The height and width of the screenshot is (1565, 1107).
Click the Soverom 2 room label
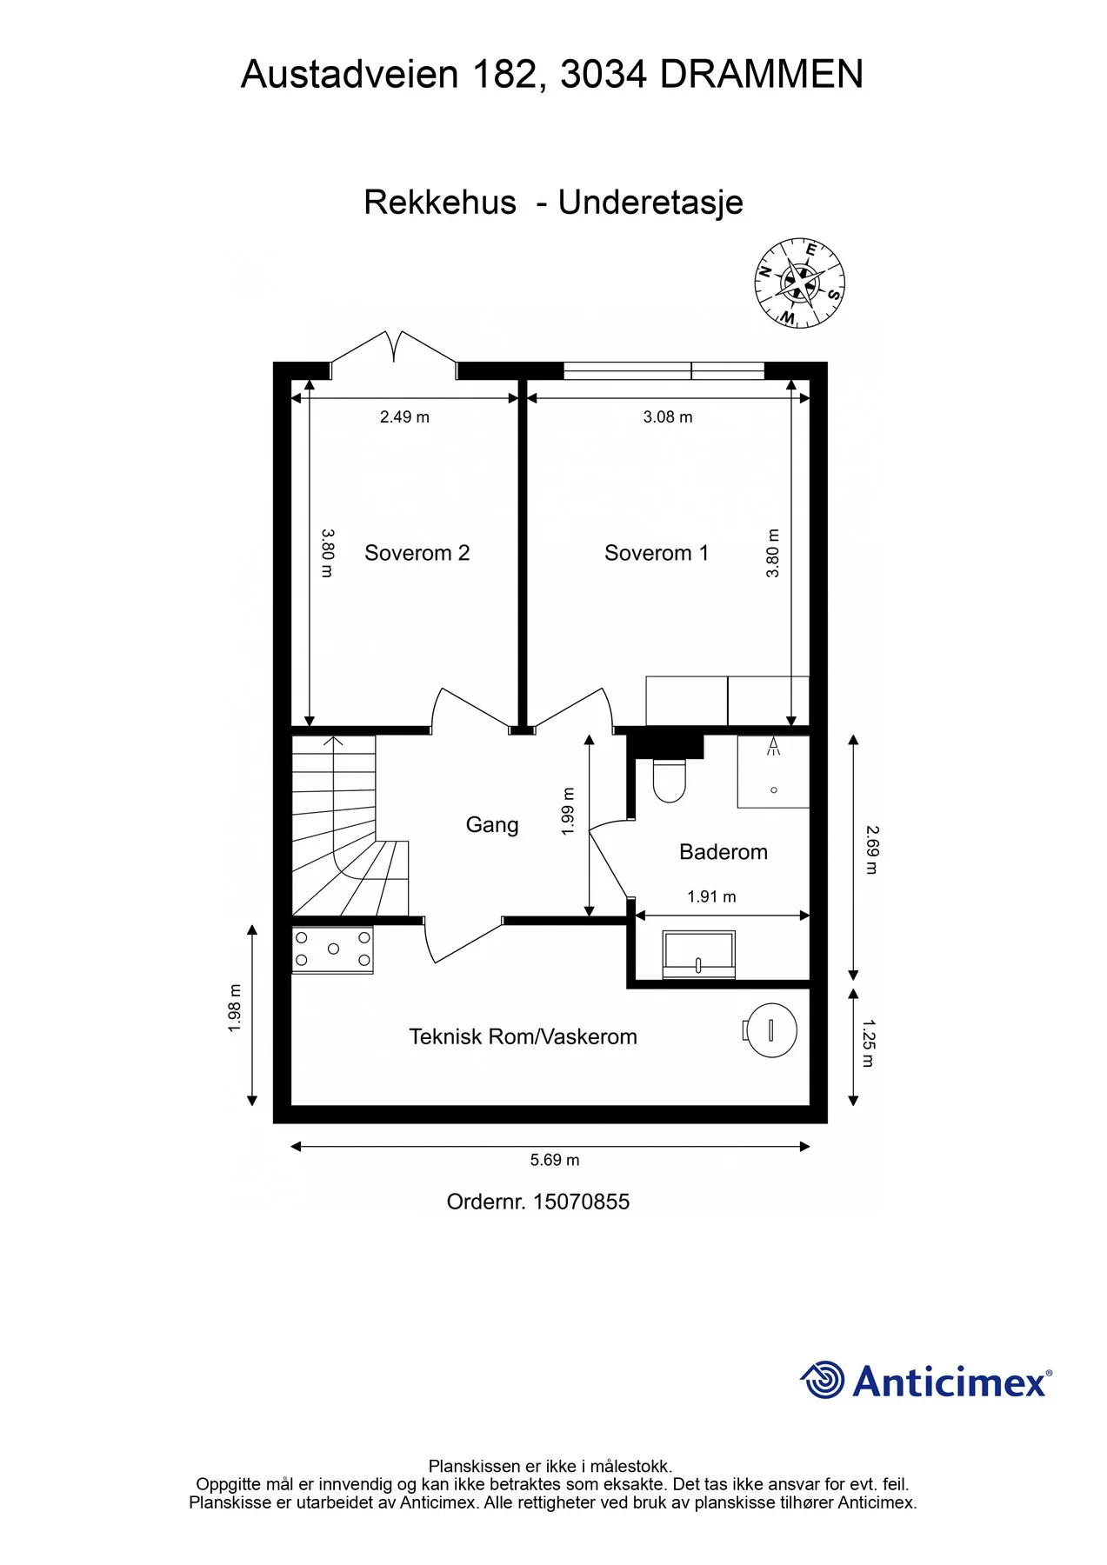tap(417, 553)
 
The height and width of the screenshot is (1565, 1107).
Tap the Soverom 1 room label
tap(657, 553)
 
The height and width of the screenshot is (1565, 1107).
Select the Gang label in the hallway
tap(492, 825)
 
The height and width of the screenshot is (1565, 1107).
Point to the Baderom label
tap(724, 852)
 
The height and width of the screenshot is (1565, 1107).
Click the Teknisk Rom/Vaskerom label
tap(523, 1036)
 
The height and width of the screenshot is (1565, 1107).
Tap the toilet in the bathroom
tap(669, 780)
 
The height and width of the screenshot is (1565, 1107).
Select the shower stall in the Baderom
tap(773, 772)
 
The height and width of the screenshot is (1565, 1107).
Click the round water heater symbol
tap(770, 1030)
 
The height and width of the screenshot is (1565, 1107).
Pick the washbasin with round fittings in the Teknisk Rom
tap(333, 949)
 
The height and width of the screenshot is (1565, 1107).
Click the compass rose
tap(800, 283)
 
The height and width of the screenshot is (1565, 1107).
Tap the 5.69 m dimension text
tap(555, 1160)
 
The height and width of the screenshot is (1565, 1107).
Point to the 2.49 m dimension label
tap(404, 417)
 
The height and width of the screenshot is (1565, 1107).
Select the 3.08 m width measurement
tap(668, 417)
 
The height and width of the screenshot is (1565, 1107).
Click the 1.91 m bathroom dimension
tap(711, 896)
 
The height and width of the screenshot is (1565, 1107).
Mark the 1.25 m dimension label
tap(868, 1043)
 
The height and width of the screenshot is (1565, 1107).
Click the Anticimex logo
tap(925, 1380)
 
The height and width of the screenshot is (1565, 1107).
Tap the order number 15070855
tap(581, 1202)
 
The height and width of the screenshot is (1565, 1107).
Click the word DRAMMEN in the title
tap(762, 75)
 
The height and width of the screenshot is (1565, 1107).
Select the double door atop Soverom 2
tap(394, 354)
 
